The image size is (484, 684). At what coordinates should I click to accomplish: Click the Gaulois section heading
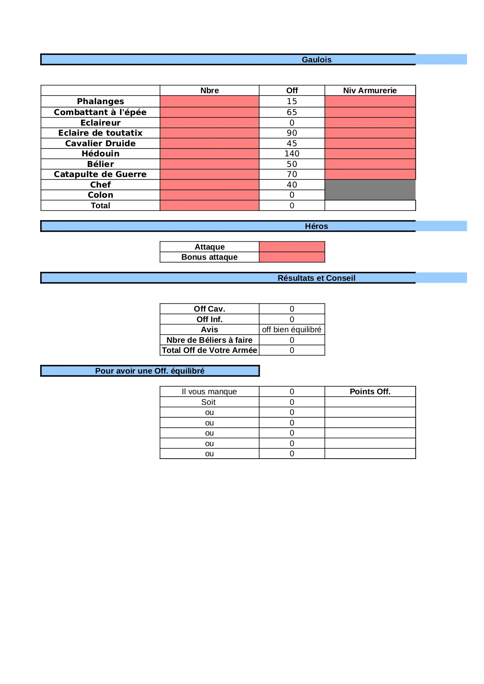coord(316,60)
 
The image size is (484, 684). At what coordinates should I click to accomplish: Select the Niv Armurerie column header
coord(370,90)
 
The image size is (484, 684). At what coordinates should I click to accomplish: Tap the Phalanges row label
coord(100,101)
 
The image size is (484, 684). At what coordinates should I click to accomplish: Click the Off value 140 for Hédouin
coord(292,154)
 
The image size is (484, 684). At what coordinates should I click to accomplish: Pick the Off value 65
coord(292,112)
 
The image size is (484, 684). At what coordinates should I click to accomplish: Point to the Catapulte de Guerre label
coord(100,174)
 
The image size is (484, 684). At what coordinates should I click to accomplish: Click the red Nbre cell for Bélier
coord(209,164)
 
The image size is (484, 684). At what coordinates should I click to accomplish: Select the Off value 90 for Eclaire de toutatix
coord(292,133)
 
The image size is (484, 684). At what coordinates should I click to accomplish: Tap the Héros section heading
coord(316,226)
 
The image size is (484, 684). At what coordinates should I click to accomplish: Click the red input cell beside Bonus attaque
coord(292,257)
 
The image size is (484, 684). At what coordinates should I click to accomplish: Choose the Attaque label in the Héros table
coord(209,247)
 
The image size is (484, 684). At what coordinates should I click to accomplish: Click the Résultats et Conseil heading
coord(316,278)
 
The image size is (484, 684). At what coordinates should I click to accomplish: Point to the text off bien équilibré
coord(292,330)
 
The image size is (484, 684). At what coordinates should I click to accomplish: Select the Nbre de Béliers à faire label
coord(209,340)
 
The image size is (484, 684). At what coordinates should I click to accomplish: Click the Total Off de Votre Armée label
coord(209,350)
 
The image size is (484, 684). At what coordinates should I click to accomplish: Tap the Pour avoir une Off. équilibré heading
coord(150,371)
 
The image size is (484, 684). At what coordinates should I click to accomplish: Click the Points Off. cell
coord(370,392)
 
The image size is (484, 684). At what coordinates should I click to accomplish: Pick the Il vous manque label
coord(209,392)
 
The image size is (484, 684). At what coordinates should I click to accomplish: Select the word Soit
coord(208,402)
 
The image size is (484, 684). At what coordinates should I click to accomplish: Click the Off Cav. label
coord(209,309)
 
